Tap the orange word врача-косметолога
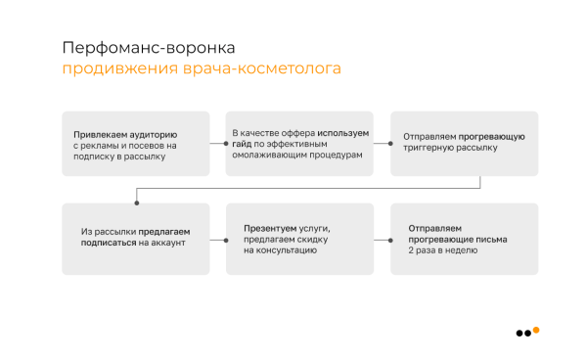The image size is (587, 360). [x=261, y=69]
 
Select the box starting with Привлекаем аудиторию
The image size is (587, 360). [x=135, y=144]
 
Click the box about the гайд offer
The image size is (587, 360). [x=299, y=144]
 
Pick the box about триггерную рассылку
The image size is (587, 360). [x=464, y=144]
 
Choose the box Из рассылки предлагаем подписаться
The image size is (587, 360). [x=135, y=238]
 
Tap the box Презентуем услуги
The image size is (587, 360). [x=299, y=238]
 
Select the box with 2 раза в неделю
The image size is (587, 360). [x=464, y=238]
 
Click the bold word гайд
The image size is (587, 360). [x=242, y=144]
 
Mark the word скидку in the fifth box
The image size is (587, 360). [x=323, y=238]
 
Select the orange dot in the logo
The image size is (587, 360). [x=536, y=330]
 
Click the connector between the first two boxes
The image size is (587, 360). [x=217, y=144]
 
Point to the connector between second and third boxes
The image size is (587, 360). [x=382, y=144]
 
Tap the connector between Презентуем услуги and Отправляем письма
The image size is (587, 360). [x=382, y=238]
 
